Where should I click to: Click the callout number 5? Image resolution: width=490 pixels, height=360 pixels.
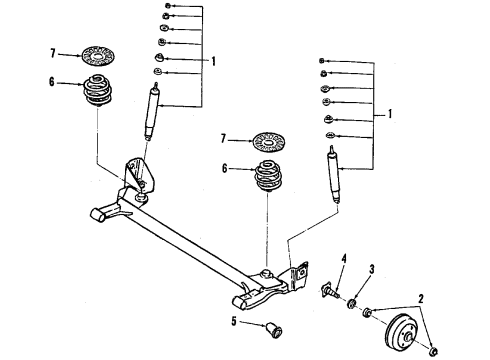(x=235, y=321)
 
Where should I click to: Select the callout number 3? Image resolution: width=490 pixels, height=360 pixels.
(x=371, y=269)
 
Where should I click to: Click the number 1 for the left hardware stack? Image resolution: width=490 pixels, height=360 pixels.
(x=213, y=59)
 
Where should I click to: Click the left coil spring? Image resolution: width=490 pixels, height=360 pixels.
(x=99, y=93)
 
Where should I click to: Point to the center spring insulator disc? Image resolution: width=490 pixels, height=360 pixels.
(x=268, y=139)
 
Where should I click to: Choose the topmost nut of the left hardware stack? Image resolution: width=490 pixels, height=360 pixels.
(x=166, y=7)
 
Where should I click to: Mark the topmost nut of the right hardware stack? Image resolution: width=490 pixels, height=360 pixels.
(x=323, y=62)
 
